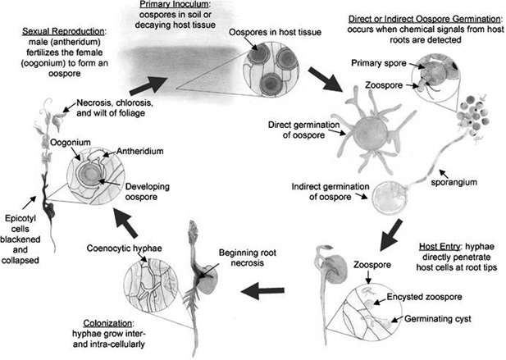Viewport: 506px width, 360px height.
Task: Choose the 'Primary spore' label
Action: [x=375, y=62]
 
